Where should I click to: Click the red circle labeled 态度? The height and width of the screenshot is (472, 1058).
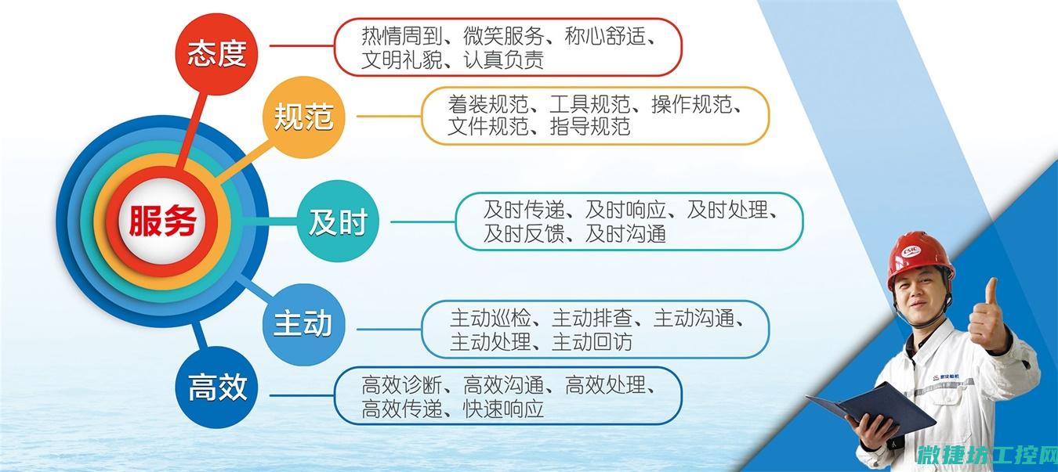217,54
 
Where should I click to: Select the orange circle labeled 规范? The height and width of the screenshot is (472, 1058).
304,117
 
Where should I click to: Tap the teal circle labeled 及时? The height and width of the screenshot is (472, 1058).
338,222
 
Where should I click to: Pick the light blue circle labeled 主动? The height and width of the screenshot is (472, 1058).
304,324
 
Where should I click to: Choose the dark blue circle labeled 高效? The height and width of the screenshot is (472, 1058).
217,387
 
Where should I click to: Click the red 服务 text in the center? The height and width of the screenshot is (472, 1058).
162,221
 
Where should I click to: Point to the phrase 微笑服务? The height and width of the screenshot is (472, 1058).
503,36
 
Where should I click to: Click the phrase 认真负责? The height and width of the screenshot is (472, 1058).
503,59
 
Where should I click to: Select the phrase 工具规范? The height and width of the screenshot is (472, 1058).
590,104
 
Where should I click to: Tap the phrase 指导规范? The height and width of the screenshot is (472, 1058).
590,126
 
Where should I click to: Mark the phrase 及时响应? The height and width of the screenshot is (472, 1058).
625,210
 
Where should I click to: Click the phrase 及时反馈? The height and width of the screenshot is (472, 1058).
524,233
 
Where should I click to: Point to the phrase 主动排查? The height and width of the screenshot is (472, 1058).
592,319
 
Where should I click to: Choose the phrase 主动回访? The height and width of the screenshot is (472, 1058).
592,342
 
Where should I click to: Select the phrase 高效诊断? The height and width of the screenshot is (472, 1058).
402,385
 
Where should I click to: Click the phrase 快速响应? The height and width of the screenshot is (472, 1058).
503,409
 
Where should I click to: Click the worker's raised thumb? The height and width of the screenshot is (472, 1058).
990,292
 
